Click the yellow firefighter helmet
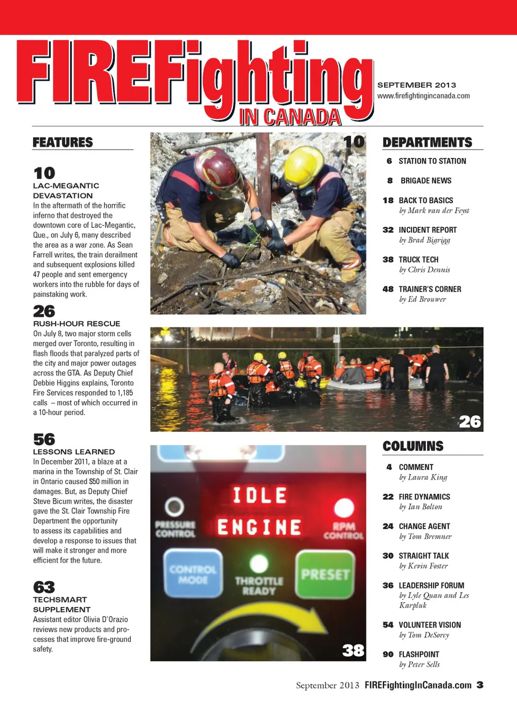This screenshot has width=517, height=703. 304,166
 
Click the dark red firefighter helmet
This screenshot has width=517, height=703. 219,172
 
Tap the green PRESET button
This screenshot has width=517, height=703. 325,575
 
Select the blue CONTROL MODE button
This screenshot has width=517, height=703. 193,574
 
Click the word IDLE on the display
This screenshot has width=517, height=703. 260,495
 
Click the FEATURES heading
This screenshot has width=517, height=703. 62,142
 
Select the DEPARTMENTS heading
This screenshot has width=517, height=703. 427,142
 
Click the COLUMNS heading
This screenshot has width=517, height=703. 413,446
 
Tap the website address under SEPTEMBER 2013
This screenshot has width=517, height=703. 423,96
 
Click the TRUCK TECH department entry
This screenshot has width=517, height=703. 418,260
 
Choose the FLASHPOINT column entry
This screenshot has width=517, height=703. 419,654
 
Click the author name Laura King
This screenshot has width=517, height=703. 423,477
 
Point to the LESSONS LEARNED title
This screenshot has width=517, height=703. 74,452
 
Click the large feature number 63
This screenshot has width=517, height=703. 44,587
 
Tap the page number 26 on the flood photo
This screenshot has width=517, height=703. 470,422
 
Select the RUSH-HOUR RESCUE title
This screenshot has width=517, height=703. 76,323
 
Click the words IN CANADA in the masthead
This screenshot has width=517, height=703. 290,117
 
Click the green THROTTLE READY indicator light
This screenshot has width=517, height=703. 259,564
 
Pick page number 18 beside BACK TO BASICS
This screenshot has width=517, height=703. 388,201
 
